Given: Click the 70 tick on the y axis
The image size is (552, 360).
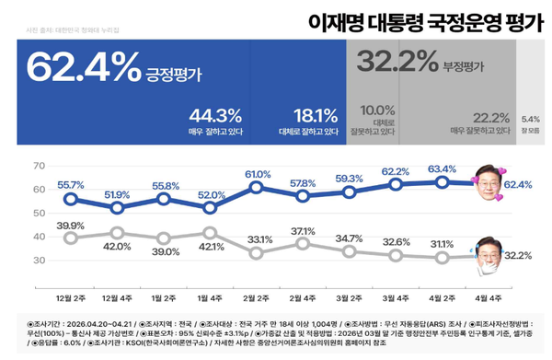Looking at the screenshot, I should pyautogui.click(x=38, y=167).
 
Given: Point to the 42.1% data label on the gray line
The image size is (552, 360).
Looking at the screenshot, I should pyautogui.click(x=212, y=246).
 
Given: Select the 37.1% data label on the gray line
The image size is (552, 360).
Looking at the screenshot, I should pyautogui.click(x=303, y=230).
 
